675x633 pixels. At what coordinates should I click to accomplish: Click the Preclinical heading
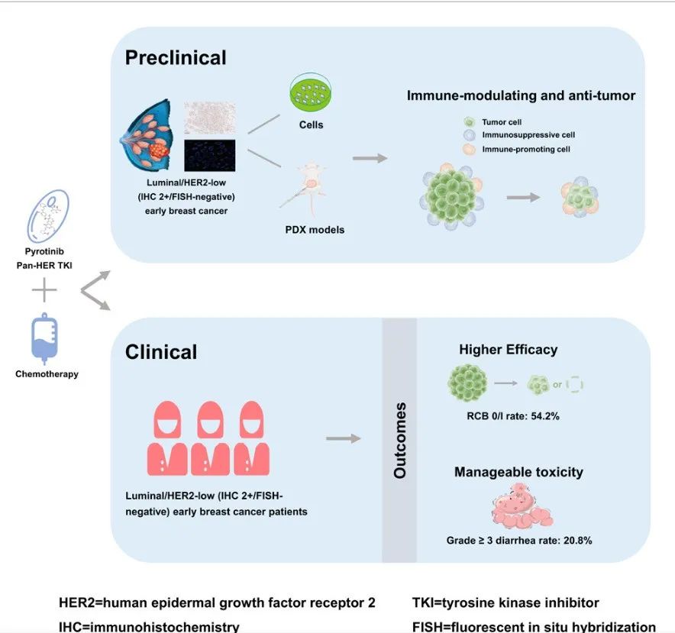coord(176,57)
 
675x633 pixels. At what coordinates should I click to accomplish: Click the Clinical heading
coord(161,351)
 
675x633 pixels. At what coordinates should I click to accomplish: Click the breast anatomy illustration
coord(150,137)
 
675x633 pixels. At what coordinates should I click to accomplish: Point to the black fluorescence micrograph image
coord(209,155)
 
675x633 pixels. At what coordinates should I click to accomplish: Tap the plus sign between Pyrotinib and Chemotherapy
coord(44,291)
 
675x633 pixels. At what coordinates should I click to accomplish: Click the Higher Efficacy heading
coord(508,350)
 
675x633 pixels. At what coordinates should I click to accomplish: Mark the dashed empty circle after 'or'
coord(575,384)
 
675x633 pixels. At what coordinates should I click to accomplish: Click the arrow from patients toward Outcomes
coord(343,438)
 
